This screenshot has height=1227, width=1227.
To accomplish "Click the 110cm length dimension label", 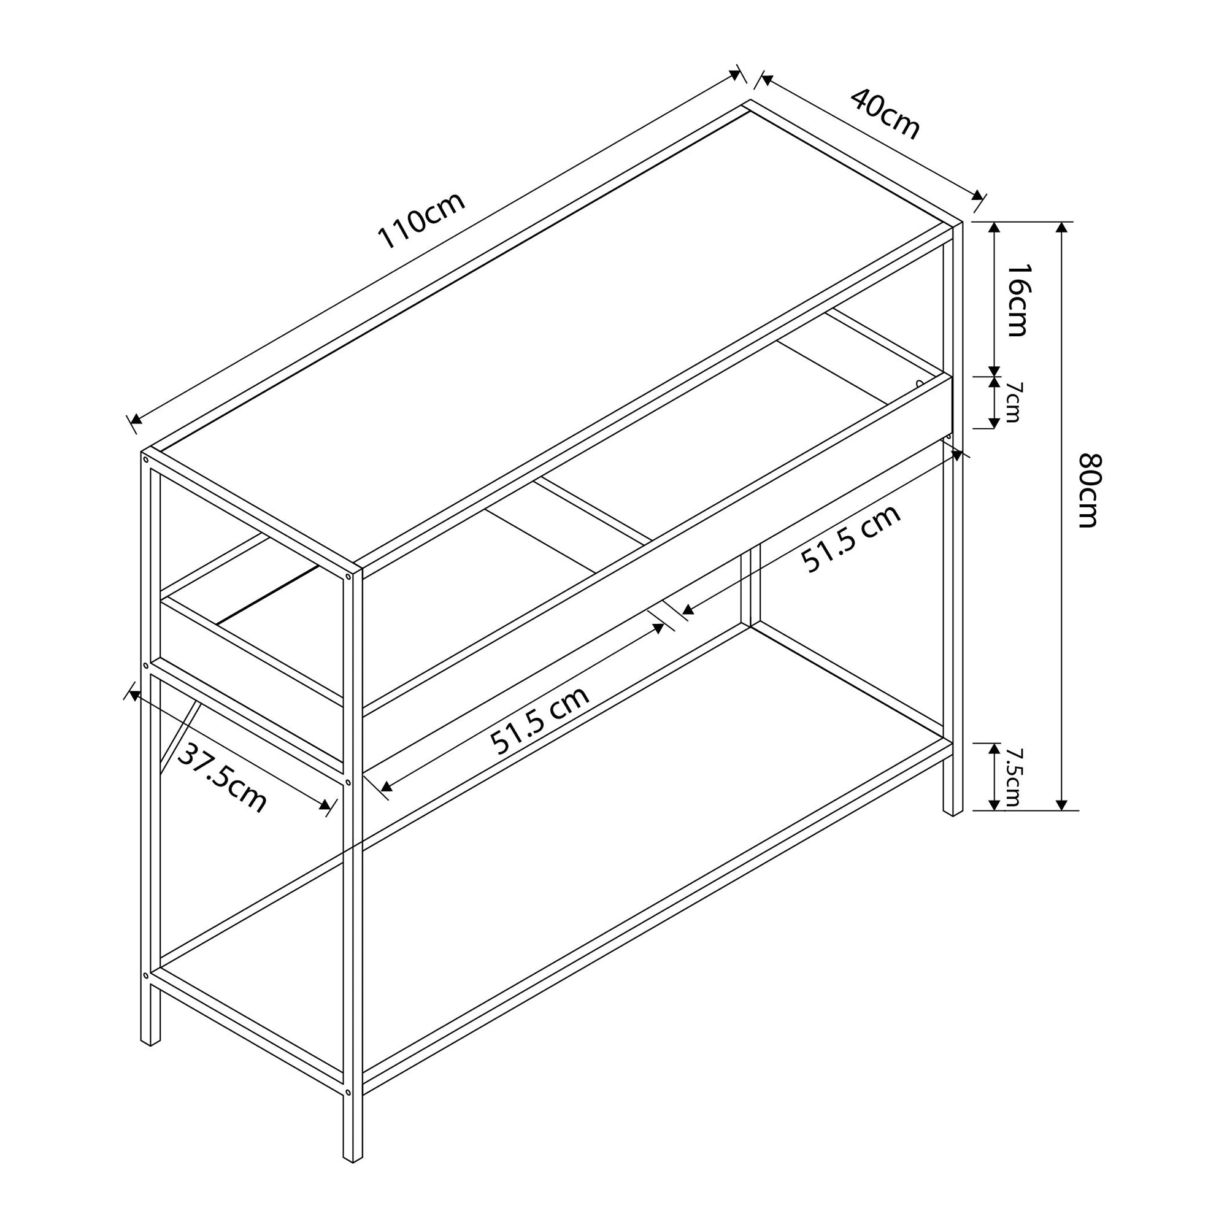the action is pyautogui.click(x=421, y=220).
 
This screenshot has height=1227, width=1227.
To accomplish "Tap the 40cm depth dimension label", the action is pyautogui.click(x=885, y=113).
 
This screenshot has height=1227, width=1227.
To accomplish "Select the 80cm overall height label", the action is pyautogui.click(x=1088, y=490).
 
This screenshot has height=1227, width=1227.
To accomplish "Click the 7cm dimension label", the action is pyautogui.click(x=1013, y=402).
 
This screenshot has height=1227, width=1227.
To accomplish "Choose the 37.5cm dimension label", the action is pyautogui.click(x=221, y=778).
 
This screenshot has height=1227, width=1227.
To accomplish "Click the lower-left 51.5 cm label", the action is pyautogui.click(x=540, y=721).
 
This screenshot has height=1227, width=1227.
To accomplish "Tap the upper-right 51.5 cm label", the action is pyautogui.click(x=850, y=538).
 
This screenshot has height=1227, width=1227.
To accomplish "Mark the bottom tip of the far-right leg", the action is pyautogui.click(x=953, y=815).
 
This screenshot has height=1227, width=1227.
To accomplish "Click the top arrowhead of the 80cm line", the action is pyautogui.click(x=1061, y=228).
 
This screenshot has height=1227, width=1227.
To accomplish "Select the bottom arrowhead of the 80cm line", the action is pyautogui.click(x=1061, y=805).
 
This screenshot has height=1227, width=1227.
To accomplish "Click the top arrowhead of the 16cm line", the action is pyautogui.click(x=994, y=228).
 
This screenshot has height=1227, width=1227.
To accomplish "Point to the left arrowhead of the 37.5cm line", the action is pyautogui.click(x=134, y=696).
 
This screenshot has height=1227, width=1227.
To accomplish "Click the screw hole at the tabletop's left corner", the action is pyautogui.click(x=145, y=459).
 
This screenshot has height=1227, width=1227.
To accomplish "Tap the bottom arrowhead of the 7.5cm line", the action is pyautogui.click(x=994, y=805).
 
